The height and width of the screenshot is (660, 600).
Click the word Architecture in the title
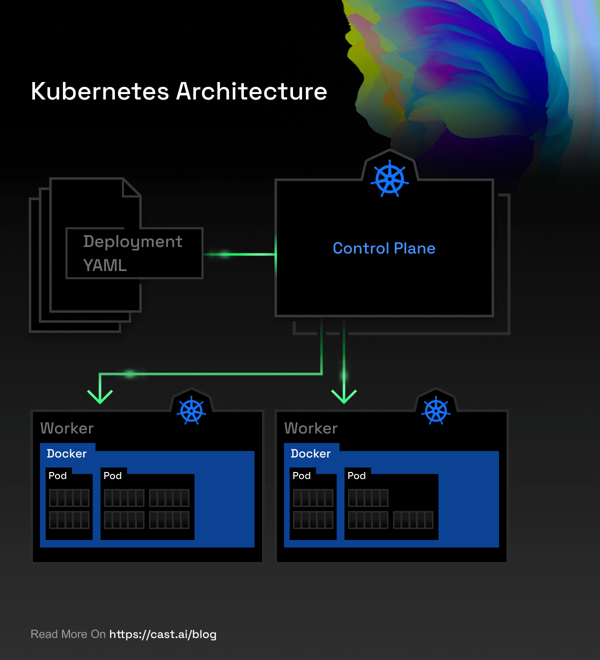click(251, 91)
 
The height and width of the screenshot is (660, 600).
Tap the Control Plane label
click(384, 248)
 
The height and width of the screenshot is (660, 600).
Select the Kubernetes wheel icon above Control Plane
click(389, 178)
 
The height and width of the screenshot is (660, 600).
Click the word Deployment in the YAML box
click(132, 242)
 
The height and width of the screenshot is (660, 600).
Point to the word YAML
click(105, 265)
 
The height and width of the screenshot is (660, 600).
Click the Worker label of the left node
click(67, 428)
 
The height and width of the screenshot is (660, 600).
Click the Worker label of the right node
click(311, 428)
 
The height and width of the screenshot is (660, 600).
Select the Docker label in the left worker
click(66, 453)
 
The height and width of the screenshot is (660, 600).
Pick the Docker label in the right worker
click(310, 453)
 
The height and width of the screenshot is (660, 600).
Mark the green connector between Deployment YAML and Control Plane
click(239, 254)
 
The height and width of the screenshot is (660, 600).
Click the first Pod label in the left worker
click(57, 476)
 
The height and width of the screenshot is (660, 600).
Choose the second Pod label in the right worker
click(356, 476)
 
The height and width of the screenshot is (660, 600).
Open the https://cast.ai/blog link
click(163, 634)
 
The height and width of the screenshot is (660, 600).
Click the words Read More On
click(68, 634)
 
